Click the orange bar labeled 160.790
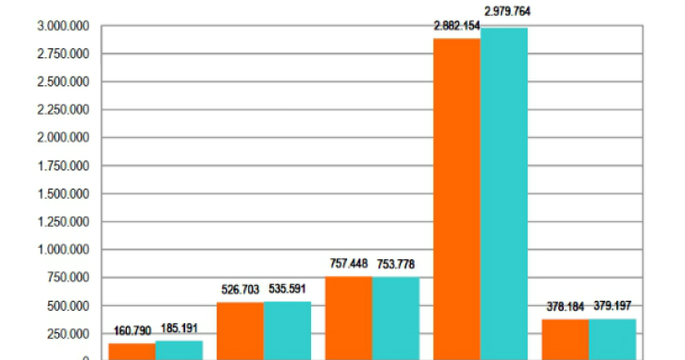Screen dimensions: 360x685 [131, 351]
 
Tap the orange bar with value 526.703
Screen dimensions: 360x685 [240, 330]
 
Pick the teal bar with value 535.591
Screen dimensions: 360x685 [287, 329]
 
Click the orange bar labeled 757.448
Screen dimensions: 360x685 [348, 317]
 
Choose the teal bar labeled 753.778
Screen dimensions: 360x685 [395, 317]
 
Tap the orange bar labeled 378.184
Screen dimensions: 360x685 [565, 339]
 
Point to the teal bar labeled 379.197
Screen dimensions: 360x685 [612, 339]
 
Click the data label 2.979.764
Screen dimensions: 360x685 [507, 12]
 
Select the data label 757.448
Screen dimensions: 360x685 [349, 264]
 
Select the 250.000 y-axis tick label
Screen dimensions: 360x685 [69, 334]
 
